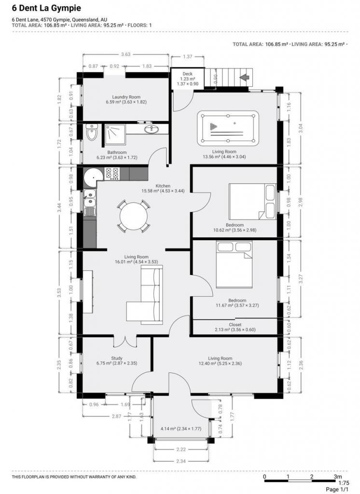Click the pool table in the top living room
coord(228,128)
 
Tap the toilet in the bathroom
coord(92,132)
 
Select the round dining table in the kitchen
coord(133,217)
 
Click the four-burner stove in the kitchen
coord(111,174)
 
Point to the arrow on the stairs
coord(245,77)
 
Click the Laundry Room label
coord(126,97)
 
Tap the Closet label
coord(235,325)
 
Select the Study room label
coord(117,358)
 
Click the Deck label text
coord(187,74)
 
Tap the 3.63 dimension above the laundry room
coord(125,54)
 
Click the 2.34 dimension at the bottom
coord(180,461)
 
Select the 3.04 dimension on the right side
coord(301,128)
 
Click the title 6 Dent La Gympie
coord(46,8)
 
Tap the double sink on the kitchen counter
coord(90,198)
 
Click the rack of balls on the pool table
coord(213,127)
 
